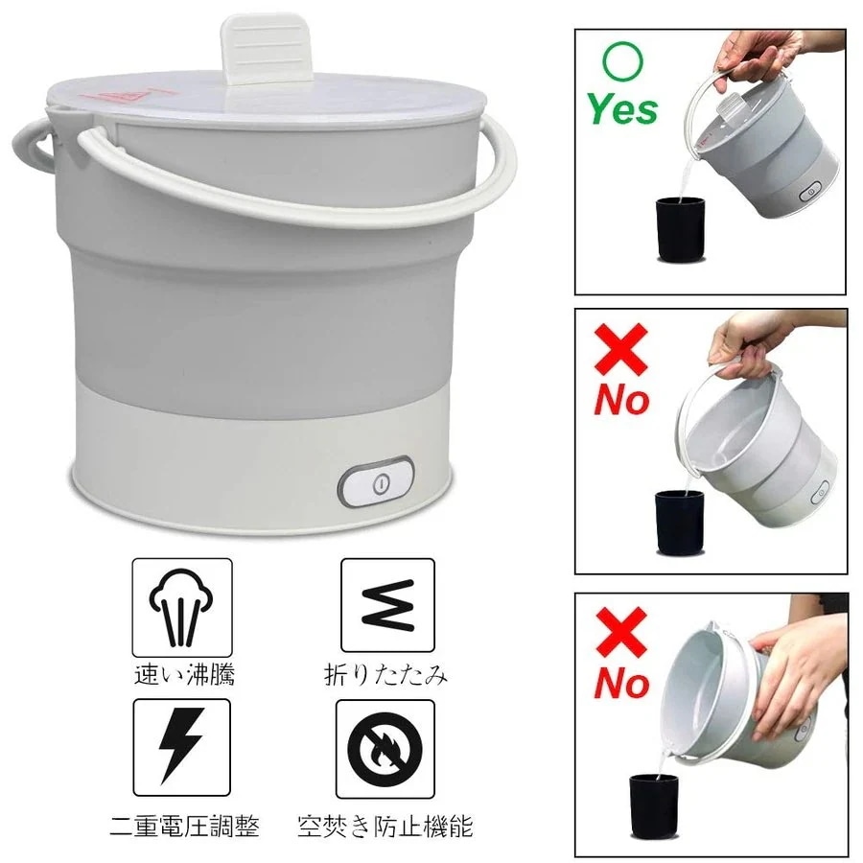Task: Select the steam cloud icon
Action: click(x=181, y=607)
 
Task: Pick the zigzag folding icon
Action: click(x=388, y=605)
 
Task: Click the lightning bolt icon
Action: click(x=181, y=745)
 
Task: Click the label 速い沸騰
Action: click(x=184, y=675)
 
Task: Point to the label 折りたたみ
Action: click(x=385, y=675)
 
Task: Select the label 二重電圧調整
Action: click(x=184, y=827)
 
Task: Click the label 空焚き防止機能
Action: click(x=385, y=827)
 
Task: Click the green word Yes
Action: click(x=622, y=108)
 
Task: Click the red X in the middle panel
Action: click(x=620, y=349)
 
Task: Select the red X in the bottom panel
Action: click(x=620, y=633)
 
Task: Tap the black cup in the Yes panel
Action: click(x=680, y=228)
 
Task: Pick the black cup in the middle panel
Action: click(x=679, y=522)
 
